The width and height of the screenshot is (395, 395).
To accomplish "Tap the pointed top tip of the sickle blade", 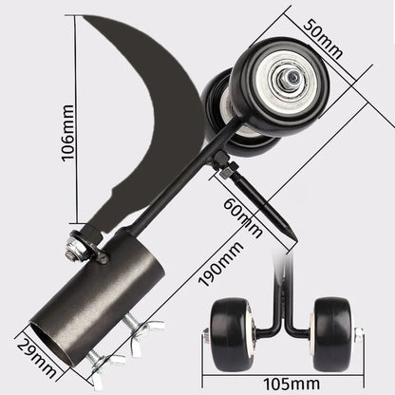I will (84, 17).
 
